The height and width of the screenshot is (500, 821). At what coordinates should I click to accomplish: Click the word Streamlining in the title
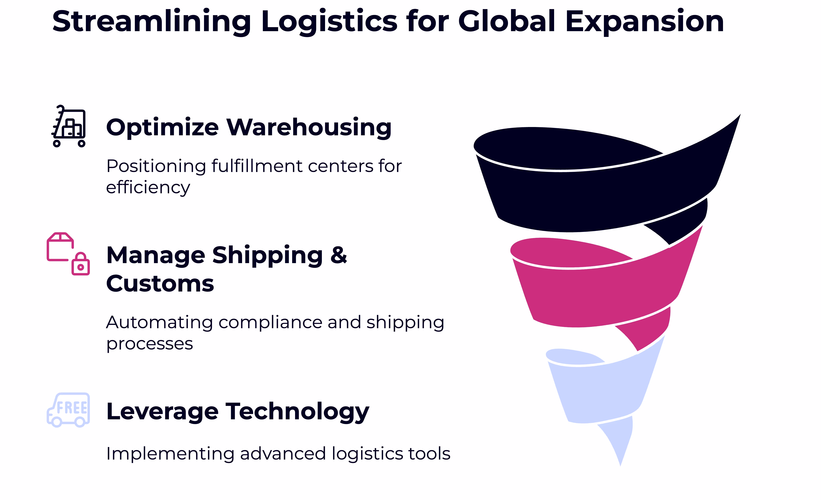click(152, 22)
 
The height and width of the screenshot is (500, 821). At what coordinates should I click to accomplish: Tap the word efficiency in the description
click(148, 188)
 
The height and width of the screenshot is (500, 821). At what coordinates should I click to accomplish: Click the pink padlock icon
click(81, 264)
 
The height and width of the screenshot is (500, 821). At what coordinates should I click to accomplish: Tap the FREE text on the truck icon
click(72, 408)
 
